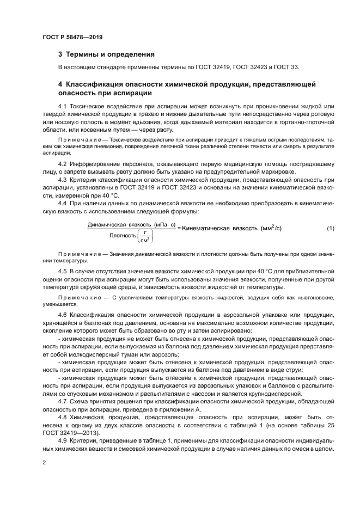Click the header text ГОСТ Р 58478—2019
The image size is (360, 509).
72,38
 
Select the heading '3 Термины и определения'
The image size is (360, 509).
106,54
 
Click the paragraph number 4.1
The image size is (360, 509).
63,105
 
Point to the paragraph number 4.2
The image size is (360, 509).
63,163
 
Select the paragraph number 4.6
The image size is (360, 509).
63,315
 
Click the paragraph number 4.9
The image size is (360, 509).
63,438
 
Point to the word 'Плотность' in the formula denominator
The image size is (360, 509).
123,236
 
